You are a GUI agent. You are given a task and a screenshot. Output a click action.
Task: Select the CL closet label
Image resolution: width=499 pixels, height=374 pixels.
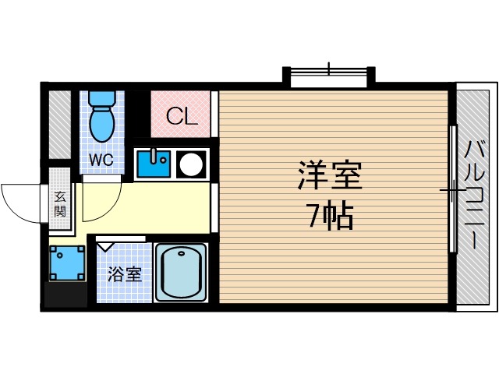point(181,118)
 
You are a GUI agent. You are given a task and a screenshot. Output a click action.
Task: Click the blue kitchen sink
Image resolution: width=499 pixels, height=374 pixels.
point(154,164)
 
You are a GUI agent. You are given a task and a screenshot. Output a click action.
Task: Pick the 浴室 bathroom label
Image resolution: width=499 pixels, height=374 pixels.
point(125,274)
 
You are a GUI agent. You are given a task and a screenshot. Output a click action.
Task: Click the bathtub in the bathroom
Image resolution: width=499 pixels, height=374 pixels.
point(180,272)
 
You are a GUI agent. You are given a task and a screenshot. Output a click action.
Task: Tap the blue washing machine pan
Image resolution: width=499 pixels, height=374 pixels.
point(66,264)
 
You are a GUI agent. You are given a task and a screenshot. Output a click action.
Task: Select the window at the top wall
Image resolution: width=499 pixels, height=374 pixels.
point(328,75)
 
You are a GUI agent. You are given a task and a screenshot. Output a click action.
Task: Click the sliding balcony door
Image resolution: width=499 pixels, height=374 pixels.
point(453,189)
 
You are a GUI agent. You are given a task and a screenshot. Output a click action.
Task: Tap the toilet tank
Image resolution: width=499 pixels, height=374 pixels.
point(101,98)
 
